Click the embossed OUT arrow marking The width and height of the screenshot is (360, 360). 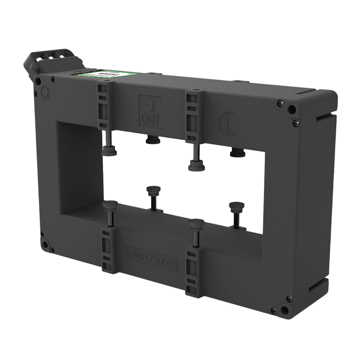[x=149, y=110]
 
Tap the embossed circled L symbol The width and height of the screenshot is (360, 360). [x=228, y=121]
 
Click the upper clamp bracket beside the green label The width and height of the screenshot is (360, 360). [x=103, y=103]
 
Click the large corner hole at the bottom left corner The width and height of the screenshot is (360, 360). [x=45, y=245]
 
